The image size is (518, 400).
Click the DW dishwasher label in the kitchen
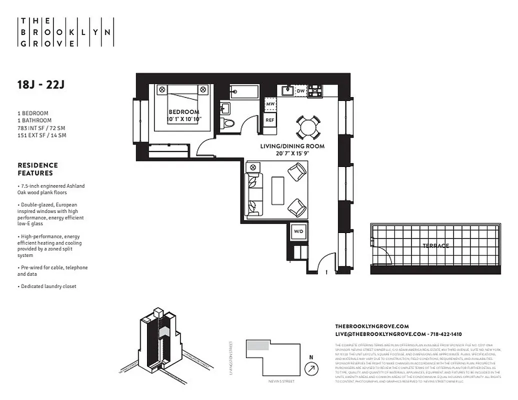(x=300, y=91)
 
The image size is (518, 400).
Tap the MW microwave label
(x=270, y=104)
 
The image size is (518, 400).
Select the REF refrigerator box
(x=270, y=120)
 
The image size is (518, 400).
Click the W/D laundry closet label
(x=298, y=231)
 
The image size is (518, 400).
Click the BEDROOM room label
(x=183, y=112)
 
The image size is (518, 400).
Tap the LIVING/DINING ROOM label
(x=292, y=146)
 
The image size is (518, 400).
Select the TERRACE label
(x=435, y=245)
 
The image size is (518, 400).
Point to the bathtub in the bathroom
(x=244, y=92)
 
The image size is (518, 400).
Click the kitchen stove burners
(x=315, y=91)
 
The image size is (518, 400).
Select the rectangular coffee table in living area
(x=277, y=190)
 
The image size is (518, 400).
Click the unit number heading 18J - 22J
(x=41, y=84)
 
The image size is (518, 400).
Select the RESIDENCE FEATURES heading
(x=37, y=169)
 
